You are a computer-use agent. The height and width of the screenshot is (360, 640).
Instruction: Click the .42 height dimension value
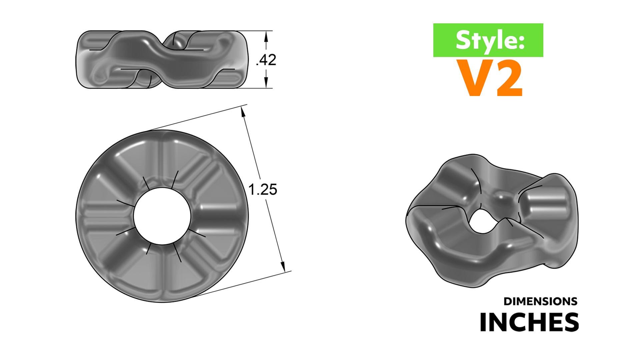click(x=266, y=60)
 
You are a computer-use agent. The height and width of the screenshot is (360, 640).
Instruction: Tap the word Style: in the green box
click(x=490, y=40)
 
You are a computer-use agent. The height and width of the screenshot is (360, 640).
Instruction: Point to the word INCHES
click(x=529, y=322)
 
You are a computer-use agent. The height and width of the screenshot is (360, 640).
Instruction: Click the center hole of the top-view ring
click(x=162, y=216)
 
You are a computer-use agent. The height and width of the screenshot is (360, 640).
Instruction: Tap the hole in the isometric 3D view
click(x=482, y=221)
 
